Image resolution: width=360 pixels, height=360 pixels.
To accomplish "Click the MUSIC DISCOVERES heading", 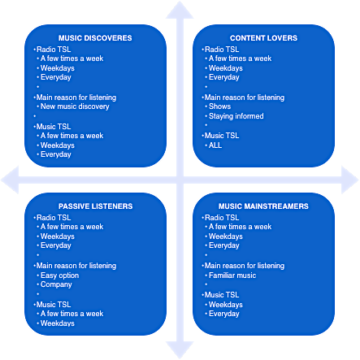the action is coord(95,38).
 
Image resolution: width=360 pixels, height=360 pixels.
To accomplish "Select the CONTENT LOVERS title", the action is coord(263,38).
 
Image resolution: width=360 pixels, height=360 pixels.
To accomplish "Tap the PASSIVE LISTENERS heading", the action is coord(95,206).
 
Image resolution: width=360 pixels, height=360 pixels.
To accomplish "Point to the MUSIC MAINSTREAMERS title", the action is coord(263,206).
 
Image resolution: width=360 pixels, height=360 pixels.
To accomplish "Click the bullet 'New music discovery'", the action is coord(75,106).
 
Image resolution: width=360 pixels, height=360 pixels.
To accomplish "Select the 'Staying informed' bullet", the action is coord(236,116).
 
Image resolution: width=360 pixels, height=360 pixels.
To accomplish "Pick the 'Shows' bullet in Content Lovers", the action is coord(219,106).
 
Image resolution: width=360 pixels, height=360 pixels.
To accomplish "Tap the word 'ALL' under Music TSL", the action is coord(215,145).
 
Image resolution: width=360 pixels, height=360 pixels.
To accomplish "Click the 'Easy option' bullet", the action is coord(59,275).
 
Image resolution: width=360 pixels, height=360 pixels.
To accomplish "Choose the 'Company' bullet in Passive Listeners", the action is coord(56,284).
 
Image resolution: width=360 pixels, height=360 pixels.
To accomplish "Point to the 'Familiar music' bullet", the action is coord(232,275).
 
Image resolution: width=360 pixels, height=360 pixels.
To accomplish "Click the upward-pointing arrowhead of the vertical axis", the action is coord(180,11).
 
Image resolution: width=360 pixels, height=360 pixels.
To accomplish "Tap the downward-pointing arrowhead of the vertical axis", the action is coord(180,350).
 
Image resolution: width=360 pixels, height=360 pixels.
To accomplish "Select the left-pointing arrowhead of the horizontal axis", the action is coord(11,180).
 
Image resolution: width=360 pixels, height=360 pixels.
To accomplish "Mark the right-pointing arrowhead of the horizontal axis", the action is coord(350,180).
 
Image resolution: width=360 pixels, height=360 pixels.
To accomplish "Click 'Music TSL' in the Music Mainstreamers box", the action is coord(222,295).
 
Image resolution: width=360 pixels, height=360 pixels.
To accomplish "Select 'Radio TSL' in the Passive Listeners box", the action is coord(54,218).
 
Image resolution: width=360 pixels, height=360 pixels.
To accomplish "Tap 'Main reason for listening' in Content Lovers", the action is coord(245,98).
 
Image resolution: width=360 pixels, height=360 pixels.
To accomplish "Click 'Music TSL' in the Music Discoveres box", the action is coord(54,127).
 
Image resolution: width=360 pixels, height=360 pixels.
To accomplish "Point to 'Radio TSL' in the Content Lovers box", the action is coord(222,50).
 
